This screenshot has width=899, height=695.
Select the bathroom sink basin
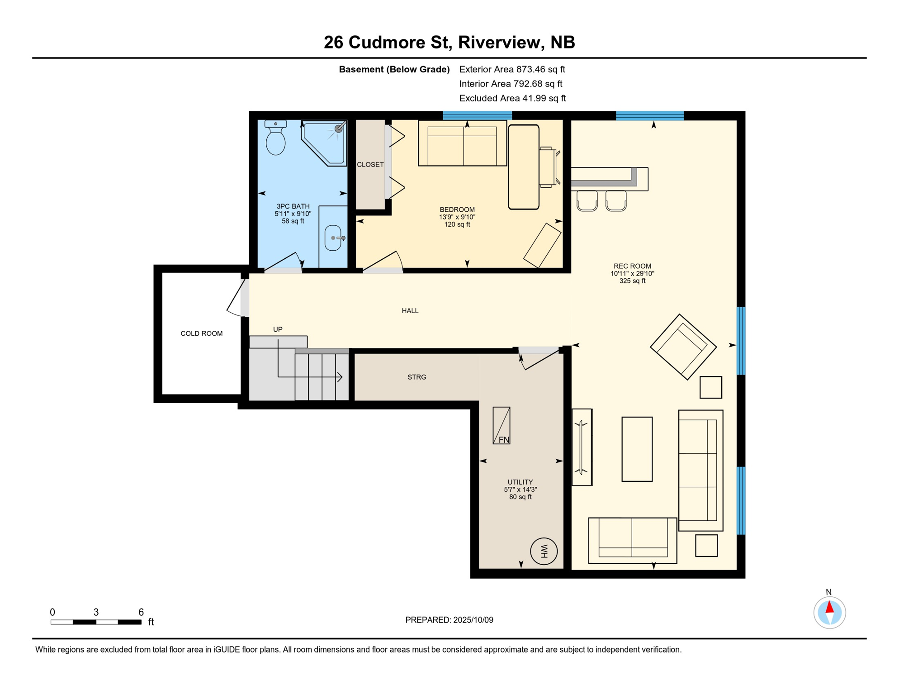(x=333, y=238)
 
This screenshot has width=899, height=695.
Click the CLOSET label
(x=370, y=165)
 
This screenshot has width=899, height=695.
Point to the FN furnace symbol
(x=502, y=425)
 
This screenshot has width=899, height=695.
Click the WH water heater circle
(x=544, y=551)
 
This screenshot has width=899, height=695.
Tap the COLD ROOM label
(x=202, y=333)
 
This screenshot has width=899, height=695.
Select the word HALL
(x=410, y=310)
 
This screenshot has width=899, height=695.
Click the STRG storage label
(x=417, y=377)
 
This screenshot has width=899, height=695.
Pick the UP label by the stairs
(x=278, y=329)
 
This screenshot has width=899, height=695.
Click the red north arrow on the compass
(x=829, y=607)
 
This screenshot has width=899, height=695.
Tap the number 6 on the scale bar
(x=141, y=612)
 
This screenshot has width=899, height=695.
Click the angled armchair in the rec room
(x=683, y=347)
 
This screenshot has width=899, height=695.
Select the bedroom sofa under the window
(x=462, y=143)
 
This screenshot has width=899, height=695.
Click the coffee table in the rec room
(x=637, y=449)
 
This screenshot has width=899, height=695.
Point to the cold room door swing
(x=237, y=298)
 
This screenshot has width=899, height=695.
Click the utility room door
(x=539, y=358)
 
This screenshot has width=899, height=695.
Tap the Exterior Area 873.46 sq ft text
(x=512, y=69)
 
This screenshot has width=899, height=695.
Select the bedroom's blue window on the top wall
(x=477, y=115)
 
